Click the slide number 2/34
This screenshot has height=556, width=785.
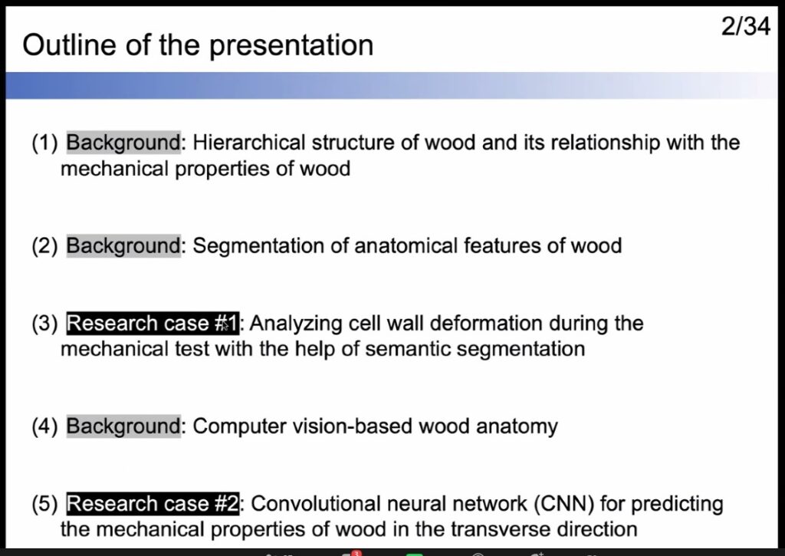coord(745,27)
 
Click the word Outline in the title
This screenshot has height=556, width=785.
coord(70,45)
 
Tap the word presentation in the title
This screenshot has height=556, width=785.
coord(291,47)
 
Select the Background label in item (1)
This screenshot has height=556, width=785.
coord(123,143)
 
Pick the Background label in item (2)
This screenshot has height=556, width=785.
coord(123,246)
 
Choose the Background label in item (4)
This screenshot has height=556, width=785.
coord(123,426)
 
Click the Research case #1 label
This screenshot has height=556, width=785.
coord(153,324)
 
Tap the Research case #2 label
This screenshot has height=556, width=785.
coord(153,504)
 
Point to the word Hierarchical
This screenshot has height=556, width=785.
coord(249,143)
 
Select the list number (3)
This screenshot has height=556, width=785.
coord(44,324)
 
